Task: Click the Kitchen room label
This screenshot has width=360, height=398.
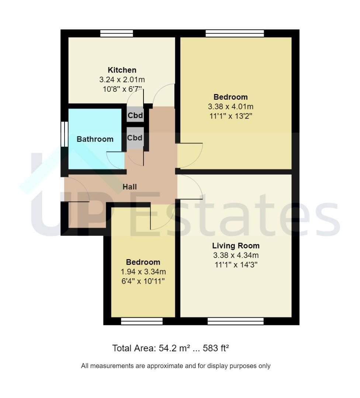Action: pos(122,70)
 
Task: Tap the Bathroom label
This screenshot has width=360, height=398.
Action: pos(95,139)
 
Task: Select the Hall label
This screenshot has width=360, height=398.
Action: pos(129,187)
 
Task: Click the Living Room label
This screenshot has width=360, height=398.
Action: pos(236,246)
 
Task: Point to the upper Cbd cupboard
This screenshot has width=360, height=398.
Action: pos(135,115)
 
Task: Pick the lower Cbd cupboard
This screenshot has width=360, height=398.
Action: pos(135,138)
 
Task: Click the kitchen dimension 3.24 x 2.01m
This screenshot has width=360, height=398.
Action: pos(122,80)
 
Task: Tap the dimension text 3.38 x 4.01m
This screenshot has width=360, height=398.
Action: pos(231,107)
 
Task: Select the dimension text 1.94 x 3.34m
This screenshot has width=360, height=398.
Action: pos(143,272)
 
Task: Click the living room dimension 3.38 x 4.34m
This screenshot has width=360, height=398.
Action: pos(236,255)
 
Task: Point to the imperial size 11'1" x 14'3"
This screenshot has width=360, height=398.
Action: pos(236,265)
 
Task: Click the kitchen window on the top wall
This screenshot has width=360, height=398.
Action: pos(117,34)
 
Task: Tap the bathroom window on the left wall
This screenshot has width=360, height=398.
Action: pos(65,134)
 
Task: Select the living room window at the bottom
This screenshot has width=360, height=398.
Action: pos(235,321)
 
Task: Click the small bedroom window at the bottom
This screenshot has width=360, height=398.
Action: pos(142,321)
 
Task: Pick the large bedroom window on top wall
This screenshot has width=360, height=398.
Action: pos(235,34)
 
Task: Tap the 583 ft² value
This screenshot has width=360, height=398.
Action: pos(216,348)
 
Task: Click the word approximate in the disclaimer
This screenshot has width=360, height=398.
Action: pos(165,366)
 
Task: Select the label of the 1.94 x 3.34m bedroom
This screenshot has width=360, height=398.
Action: pos(143,262)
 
